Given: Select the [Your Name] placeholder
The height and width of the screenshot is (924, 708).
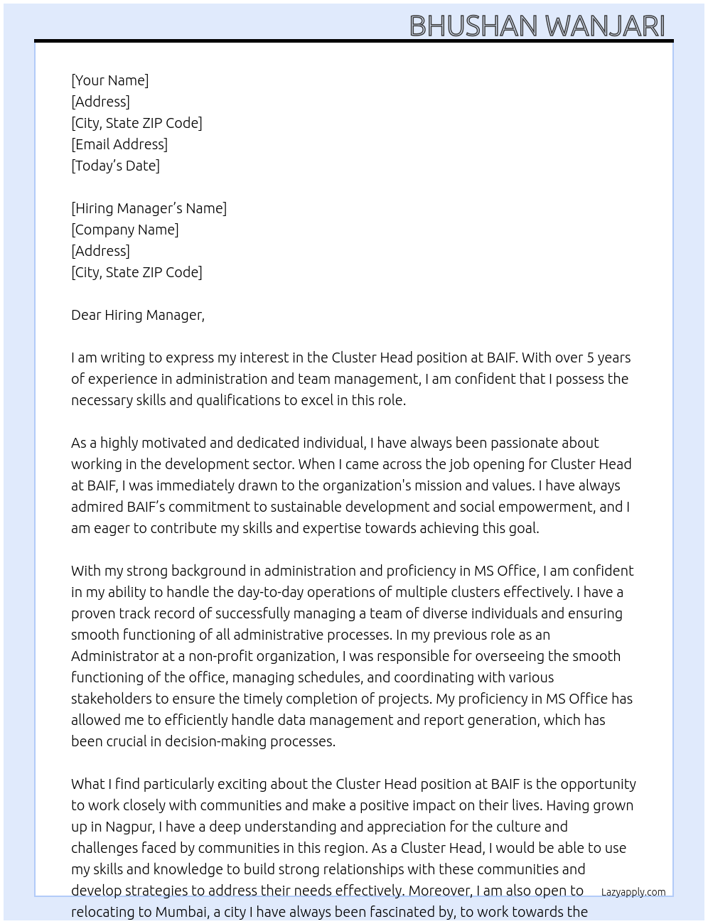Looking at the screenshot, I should pyautogui.click(x=109, y=80).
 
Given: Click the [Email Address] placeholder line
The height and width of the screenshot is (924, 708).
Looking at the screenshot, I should pyautogui.click(x=119, y=144).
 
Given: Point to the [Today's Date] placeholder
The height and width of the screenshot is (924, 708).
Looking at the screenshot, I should pyautogui.click(x=115, y=166).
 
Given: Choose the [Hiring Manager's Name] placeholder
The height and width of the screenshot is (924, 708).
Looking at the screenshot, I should pyautogui.click(x=149, y=208).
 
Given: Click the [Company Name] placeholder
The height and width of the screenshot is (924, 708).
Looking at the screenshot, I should pyautogui.click(x=124, y=230).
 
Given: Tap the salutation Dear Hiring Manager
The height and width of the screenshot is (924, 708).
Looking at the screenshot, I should pyautogui.click(x=137, y=315).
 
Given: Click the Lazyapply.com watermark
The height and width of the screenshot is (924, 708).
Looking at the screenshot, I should pyautogui.click(x=633, y=892).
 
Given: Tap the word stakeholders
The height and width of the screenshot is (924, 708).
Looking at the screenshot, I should pyautogui.click(x=112, y=699).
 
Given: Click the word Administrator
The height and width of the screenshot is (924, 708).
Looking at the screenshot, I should pyautogui.click(x=114, y=656).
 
